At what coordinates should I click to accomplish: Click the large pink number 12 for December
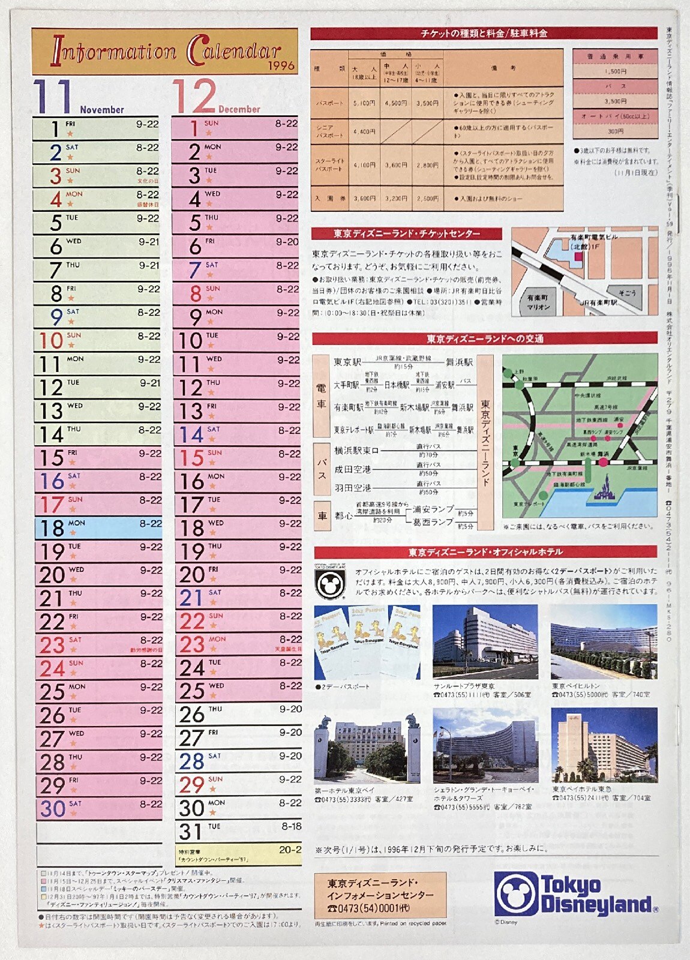click(x=194, y=97)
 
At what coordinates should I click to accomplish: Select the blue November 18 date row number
click(x=52, y=529)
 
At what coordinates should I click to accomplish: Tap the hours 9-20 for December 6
click(x=287, y=242)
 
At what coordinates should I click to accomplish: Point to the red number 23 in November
click(x=52, y=646)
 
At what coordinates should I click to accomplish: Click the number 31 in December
click(x=191, y=832)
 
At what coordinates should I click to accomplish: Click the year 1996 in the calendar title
click(x=281, y=65)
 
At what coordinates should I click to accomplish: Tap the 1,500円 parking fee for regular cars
click(x=616, y=71)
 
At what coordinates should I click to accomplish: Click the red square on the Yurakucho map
click(x=578, y=257)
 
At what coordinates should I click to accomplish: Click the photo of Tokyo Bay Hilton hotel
click(x=604, y=642)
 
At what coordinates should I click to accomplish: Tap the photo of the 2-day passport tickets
click(x=367, y=642)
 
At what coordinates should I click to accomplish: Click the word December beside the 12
click(x=239, y=109)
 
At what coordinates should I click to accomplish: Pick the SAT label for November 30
click(x=75, y=803)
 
